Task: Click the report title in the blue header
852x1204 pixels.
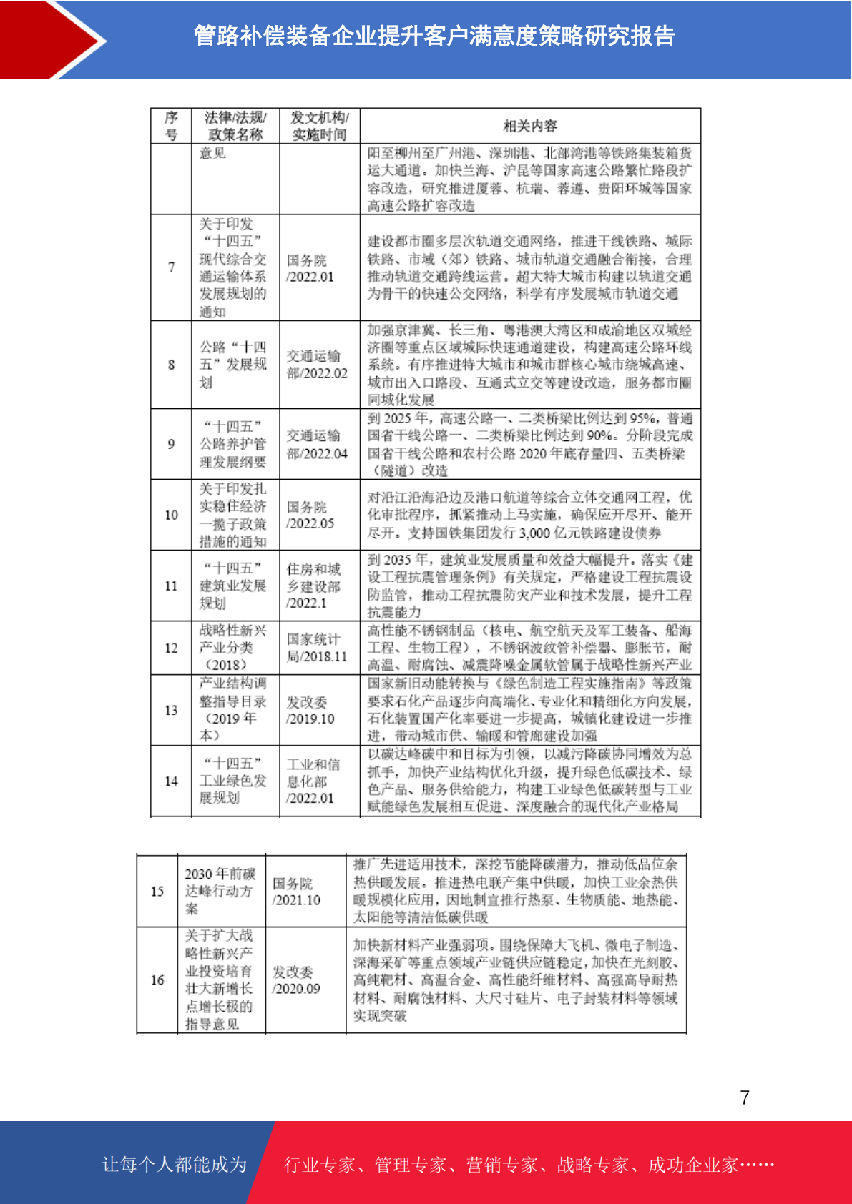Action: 434,36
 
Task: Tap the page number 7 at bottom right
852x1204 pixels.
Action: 745,1097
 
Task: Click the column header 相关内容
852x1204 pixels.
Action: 530,126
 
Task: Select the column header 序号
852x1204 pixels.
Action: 171,126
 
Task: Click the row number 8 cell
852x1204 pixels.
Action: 171,365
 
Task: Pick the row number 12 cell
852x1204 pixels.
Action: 171,648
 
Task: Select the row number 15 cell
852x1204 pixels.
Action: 157,892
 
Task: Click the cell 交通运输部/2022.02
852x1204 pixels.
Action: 317,365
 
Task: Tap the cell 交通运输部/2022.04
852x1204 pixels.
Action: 317,444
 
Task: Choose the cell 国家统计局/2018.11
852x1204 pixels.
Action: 317,648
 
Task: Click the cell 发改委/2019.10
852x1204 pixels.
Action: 310,710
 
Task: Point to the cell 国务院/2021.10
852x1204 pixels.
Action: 296,892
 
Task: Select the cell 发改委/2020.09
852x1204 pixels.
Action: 296,980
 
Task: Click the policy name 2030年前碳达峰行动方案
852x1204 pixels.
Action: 220,892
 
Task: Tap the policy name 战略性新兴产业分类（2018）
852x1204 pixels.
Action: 232,648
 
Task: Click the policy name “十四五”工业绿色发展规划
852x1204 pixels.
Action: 232,781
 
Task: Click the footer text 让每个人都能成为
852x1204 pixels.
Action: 175,1165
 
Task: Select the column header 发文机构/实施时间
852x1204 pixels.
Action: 319,126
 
